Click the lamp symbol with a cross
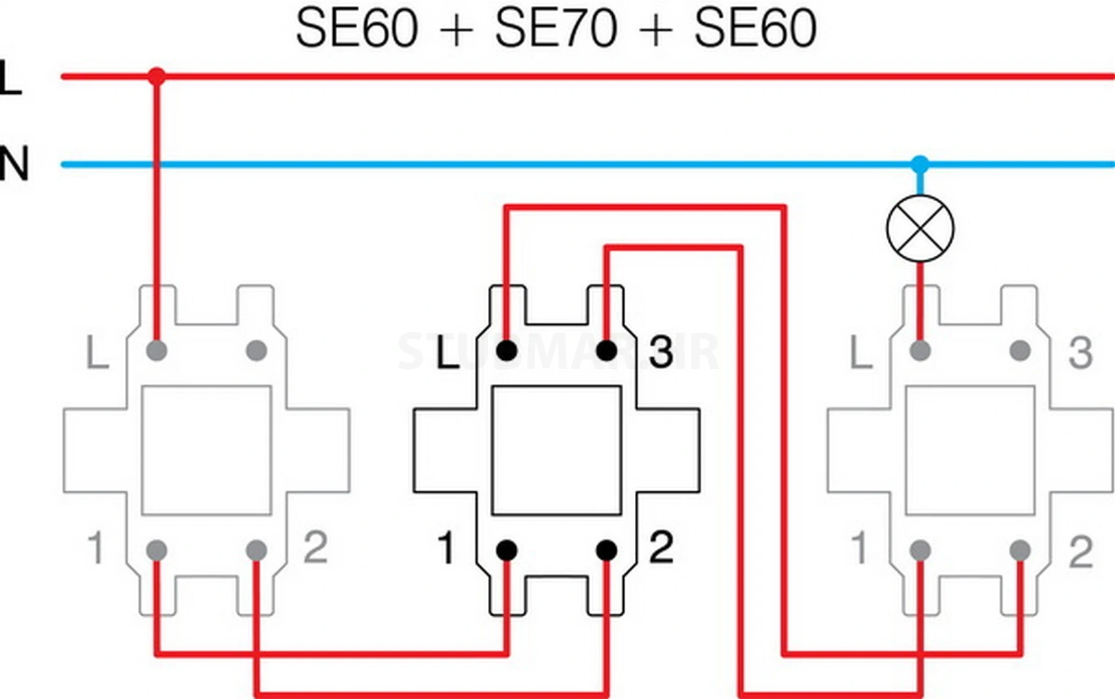click(x=920, y=228)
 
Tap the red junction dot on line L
click(x=156, y=76)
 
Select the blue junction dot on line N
click(x=920, y=164)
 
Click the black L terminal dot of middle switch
click(x=507, y=351)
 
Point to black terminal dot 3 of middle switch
click(x=606, y=351)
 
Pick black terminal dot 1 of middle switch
click(x=507, y=551)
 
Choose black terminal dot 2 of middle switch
click(x=606, y=551)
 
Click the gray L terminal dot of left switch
click(x=157, y=351)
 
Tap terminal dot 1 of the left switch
click(x=157, y=551)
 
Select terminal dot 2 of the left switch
click(x=256, y=551)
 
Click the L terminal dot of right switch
click(x=920, y=351)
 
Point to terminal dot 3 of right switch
click(x=1020, y=351)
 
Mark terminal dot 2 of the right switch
click(x=1020, y=551)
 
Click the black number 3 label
click(x=661, y=353)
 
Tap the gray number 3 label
click(x=1080, y=353)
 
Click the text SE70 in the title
click(x=555, y=28)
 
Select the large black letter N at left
click(x=14, y=164)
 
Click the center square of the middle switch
click(x=557, y=450)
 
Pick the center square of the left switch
click(x=206, y=450)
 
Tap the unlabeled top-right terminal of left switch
click(x=256, y=351)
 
